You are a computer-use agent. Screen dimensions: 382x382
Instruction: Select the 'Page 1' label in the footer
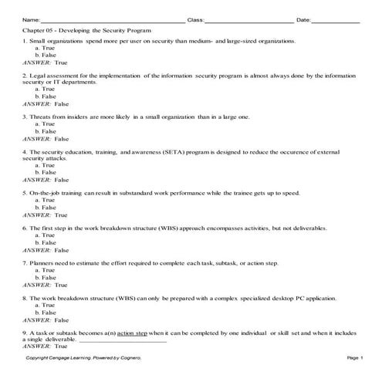pyautogui.click(x=355, y=359)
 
